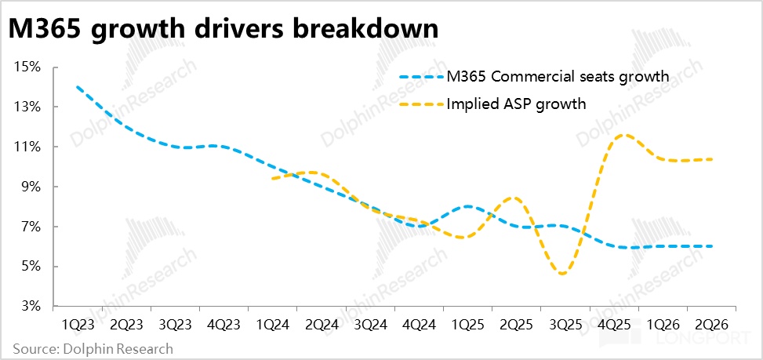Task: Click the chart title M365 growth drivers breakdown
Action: click(223, 29)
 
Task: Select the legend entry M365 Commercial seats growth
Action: click(558, 76)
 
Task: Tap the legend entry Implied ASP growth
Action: click(515, 103)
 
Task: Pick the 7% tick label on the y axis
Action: click(30, 227)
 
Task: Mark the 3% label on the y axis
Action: click(30, 306)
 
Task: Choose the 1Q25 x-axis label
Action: click(467, 323)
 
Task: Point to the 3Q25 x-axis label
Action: click(565, 323)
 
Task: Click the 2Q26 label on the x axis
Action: click(711, 323)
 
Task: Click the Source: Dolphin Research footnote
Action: click(93, 348)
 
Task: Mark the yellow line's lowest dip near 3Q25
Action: click(563, 274)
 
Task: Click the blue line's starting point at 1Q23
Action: click(76, 86)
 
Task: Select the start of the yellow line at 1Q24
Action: click(271, 179)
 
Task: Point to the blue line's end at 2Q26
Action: click(712, 246)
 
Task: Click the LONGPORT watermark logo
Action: click(703, 342)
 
